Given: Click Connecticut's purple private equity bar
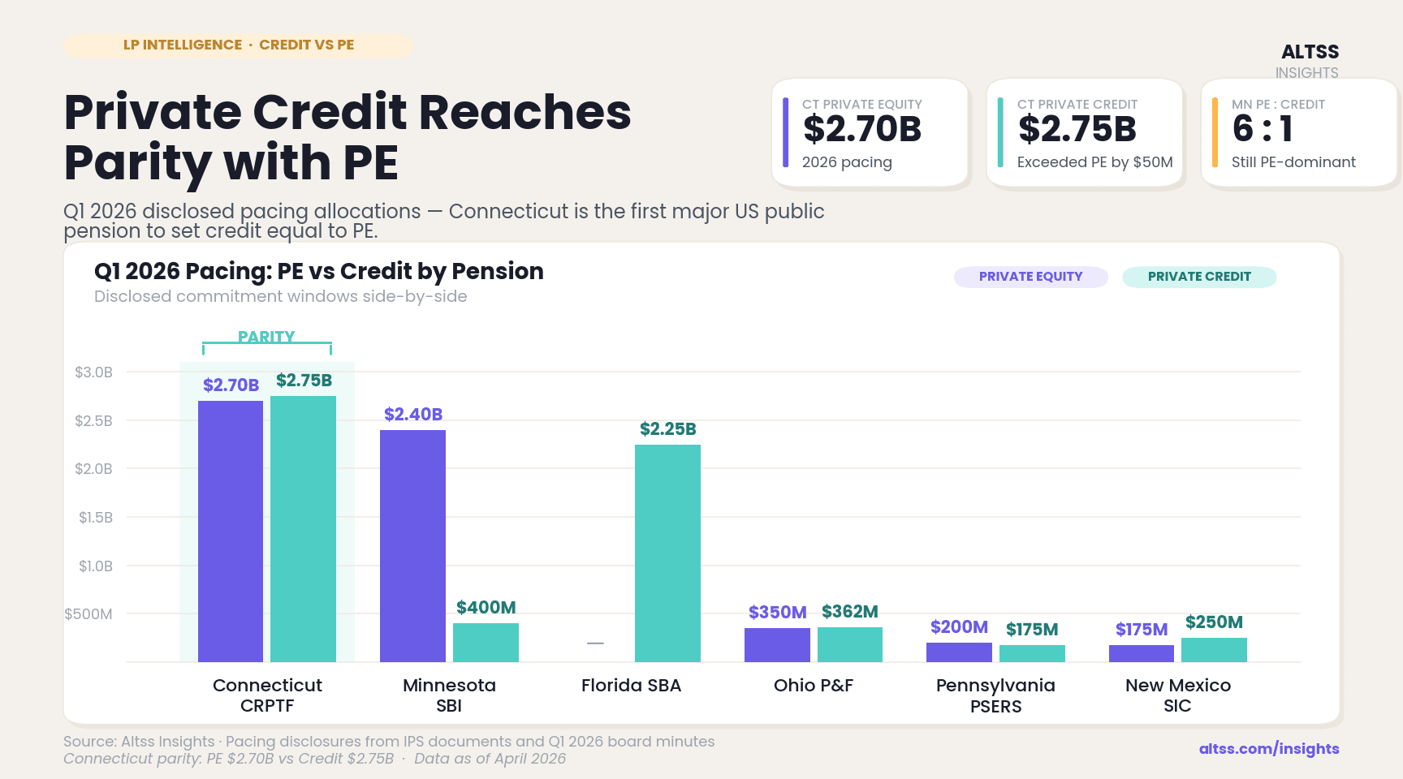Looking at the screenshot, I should (231, 532).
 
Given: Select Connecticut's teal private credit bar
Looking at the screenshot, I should (303, 529).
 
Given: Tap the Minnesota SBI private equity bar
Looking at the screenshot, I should (412, 546).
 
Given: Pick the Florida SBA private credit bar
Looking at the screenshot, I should (667, 553).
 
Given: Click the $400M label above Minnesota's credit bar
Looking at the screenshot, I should (486, 608).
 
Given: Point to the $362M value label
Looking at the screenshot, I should (849, 612).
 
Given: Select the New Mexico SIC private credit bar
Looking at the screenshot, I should (1214, 650).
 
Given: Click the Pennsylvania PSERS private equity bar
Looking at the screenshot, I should (959, 652).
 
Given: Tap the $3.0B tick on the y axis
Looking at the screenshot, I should (93, 372).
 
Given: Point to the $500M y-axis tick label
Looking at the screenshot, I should (88, 614).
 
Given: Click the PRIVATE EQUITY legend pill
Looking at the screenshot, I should (1030, 277).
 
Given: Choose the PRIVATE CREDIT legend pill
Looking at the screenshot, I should (1198, 277).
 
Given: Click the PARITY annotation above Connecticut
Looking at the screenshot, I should (266, 337).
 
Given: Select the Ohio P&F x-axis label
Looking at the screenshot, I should (813, 686).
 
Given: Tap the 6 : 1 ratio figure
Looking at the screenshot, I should (1262, 129).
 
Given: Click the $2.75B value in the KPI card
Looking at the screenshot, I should (1077, 129).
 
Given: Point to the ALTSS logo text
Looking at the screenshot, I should (1310, 52).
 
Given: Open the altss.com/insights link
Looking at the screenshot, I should (1269, 749).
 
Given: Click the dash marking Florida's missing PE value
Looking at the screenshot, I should (595, 643).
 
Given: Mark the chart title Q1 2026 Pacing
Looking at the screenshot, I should (318, 271).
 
